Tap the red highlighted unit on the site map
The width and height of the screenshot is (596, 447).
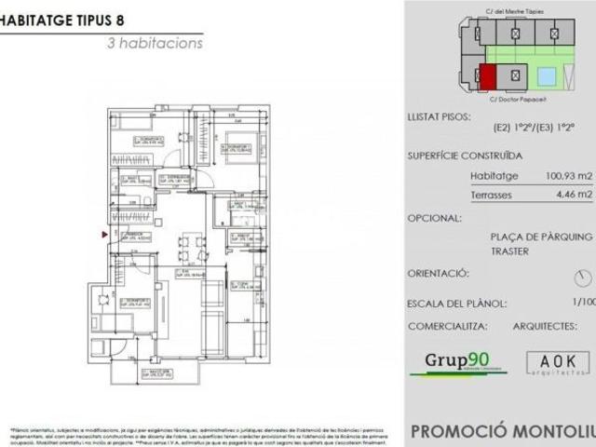click(487, 76)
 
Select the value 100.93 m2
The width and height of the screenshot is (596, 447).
click(569, 175)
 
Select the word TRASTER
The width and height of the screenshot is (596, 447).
click(509, 251)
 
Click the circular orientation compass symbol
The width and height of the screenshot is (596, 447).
click(584, 278)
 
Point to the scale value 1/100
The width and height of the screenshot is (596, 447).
click(584, 302)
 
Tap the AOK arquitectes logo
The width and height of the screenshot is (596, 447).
click(557, 362)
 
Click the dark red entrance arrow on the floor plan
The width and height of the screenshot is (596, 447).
click(104, 234)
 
